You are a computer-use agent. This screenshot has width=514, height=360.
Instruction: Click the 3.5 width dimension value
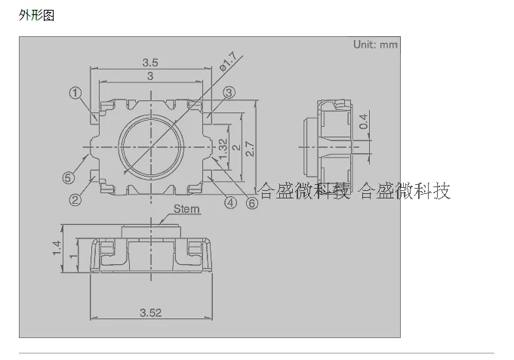[x=149, y=63]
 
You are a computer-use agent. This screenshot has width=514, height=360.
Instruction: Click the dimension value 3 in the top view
[x=149, y=76]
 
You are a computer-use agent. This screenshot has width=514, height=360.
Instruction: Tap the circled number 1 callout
[x=75, y=94]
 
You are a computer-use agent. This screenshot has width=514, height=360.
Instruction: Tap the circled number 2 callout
[x=75, y=200]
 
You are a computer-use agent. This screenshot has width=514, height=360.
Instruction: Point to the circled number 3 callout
[x=229, y=94]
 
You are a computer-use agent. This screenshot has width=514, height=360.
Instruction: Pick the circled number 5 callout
[x=68, y=178]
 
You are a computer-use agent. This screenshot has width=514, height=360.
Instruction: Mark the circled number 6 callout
[x=252, y=203]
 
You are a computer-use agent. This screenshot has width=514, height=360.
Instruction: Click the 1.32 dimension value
[x=223, y=148]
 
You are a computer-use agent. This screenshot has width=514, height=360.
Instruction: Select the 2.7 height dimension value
[x=250, y=149]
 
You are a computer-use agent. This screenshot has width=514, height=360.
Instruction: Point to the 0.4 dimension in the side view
[x=364, y=121]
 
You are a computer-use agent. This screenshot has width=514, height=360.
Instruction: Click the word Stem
[x=186, y=209]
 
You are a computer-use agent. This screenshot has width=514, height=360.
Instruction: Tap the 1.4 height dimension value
[x=57, y=248]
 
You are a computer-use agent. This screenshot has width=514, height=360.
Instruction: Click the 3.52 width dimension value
[x=150, y=312]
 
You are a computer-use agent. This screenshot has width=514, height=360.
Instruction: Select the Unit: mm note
[x=375, y=45]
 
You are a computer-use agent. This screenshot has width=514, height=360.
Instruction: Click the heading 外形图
[x=37, y=15]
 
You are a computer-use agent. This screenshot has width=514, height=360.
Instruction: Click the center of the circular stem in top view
[x=150, y=143]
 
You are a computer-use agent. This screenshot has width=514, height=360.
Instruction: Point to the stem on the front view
[x=151, y=231]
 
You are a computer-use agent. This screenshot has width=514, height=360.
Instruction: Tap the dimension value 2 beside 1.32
[x=236, y=148]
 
